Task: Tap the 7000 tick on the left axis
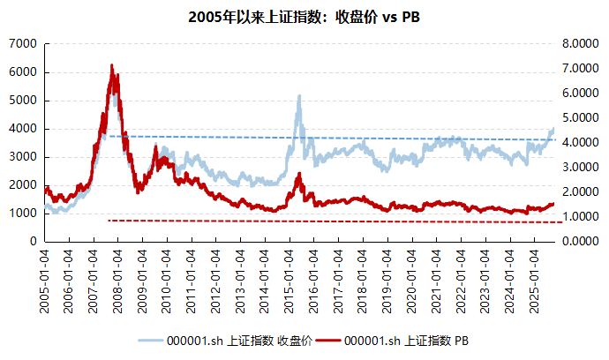[23, 43]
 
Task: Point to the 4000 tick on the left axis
[23, 128]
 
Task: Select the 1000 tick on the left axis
[23, 213]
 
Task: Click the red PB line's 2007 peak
[111, 65]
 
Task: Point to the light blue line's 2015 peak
[299, 96]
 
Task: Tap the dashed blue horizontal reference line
[353, 138]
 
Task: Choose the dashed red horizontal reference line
[353, 221]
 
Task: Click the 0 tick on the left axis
[32, 241]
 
